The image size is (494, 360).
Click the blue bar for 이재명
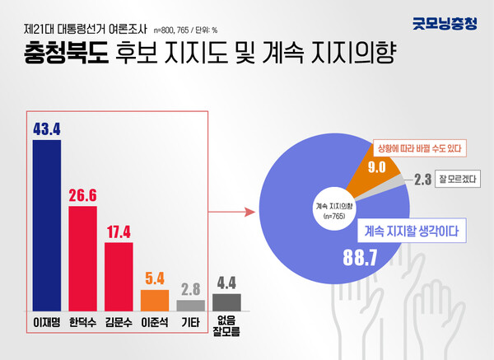(46, 222)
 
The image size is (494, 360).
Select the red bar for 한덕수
(82, 256)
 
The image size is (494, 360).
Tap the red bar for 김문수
(119, 274)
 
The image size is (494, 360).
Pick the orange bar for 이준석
(155, 298)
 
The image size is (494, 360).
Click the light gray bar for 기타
(191, 304)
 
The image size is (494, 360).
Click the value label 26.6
(82, 195)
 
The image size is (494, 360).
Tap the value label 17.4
(119, 231)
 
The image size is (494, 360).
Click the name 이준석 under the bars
(155, 322)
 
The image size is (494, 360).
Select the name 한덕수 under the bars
(82, 322)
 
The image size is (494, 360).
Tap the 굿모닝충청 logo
(444, 24)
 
